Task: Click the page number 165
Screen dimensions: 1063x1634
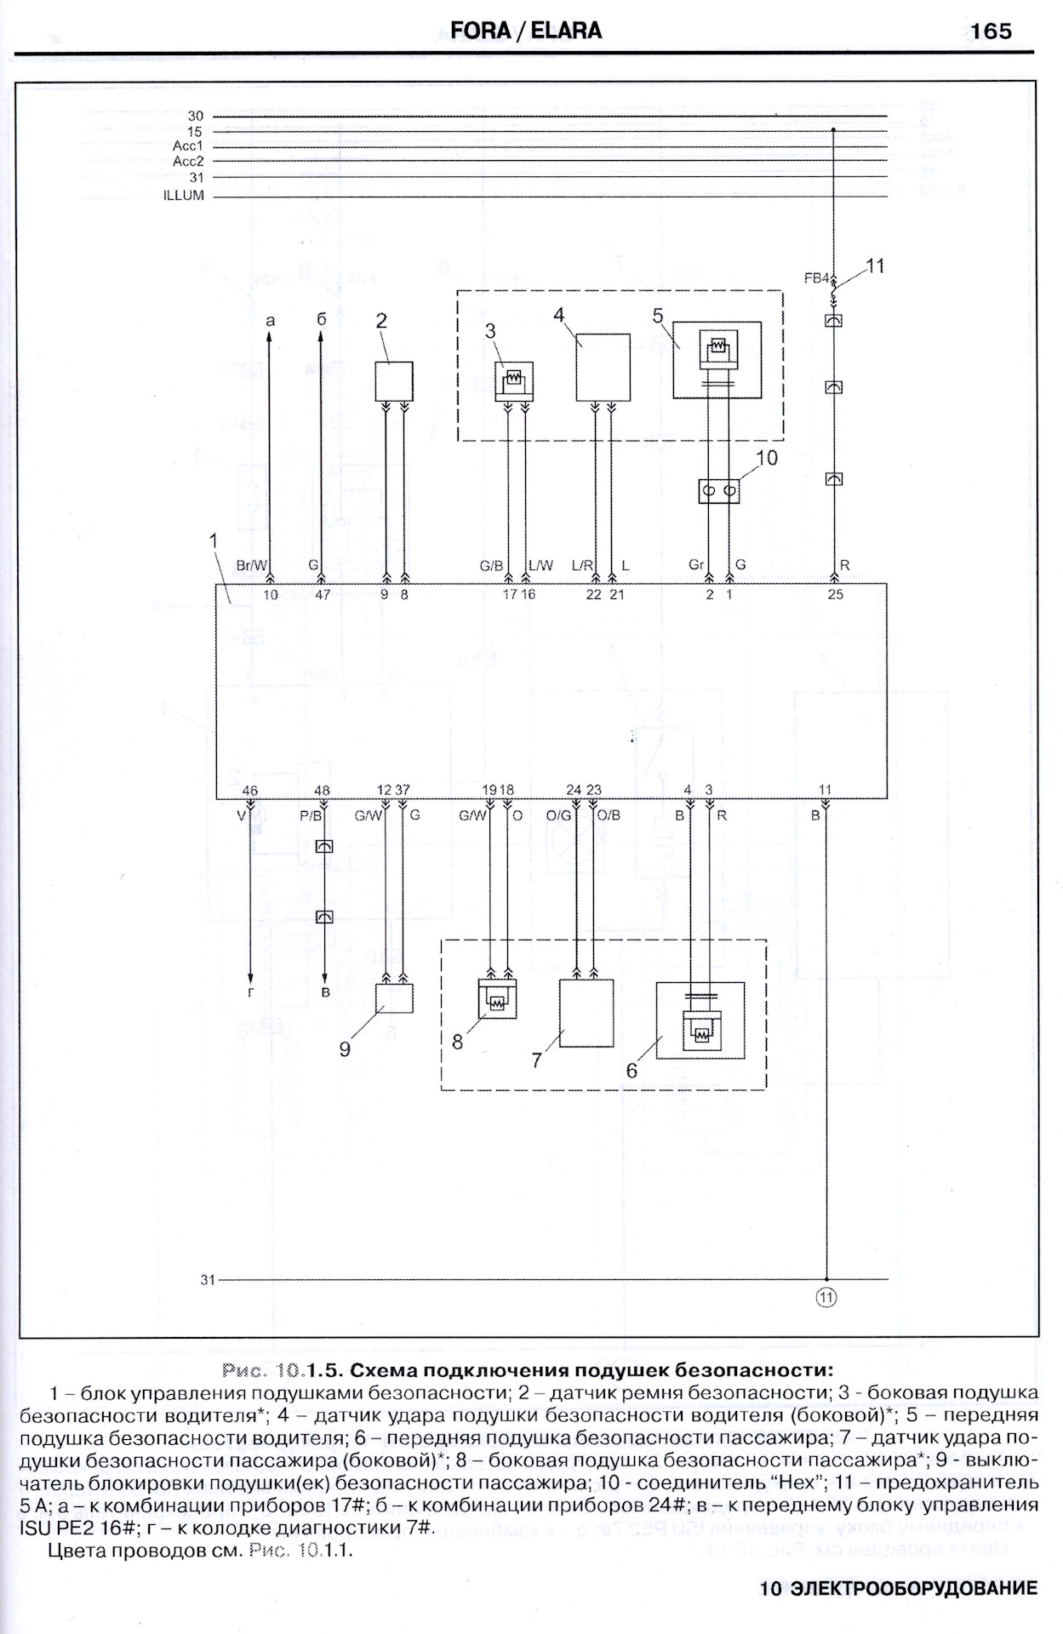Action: (x=991, y=31)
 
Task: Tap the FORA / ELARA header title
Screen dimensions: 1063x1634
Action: (x=526, y=31)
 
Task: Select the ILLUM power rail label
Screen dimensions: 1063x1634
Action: (x=184, y=196)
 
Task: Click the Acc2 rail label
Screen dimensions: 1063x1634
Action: (x=188, y=161)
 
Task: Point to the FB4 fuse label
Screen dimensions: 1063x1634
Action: (x=817, y=277)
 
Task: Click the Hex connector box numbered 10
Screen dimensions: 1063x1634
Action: (x=719, y=491)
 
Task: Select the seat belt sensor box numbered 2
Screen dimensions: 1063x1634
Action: (x=394, y=381)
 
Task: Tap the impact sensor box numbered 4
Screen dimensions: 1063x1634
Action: (x=603, y=367)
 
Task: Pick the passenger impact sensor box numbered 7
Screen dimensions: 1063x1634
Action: (x=586, y=1013)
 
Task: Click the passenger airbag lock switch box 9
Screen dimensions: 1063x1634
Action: (x=394, y=997)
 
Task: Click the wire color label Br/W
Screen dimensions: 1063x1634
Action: (x=251, y=565)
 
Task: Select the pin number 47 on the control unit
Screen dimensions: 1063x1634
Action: (x=323, y=595)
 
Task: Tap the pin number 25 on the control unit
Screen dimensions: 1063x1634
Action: (x=835, y=594)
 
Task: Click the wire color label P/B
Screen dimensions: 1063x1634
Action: (x=311, y=815)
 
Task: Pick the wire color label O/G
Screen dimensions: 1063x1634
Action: (x=558, y=815)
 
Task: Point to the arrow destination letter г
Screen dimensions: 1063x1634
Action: (x=251, y=992)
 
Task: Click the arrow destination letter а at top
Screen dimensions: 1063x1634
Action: (x=270, y=321)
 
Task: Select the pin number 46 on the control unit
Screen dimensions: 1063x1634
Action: (x=250, y=791)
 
